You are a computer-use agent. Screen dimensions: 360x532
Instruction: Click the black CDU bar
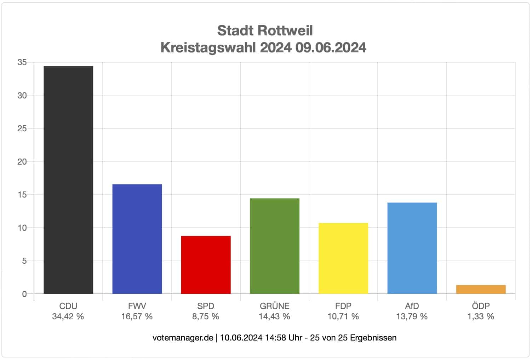coord(68,180)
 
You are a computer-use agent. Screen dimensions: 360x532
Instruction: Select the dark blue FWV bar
coord(137,239)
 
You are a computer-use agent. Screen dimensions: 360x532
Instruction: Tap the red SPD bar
coord(206,265)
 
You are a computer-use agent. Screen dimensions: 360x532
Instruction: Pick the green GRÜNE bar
coord(274,246)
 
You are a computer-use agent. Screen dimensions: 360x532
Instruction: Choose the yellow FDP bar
coord(343,258)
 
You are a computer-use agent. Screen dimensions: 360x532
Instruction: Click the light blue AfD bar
coord(412,248)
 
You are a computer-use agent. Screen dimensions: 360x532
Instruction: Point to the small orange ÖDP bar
coord(481,289)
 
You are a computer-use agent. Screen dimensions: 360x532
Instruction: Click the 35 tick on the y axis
coord(22,63)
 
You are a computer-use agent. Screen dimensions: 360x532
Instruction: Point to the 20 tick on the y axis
coord(22,162)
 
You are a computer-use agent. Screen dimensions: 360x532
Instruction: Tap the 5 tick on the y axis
coord(24,261)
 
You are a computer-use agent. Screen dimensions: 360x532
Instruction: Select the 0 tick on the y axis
coord(24,294)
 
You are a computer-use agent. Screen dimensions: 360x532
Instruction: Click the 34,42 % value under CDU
coord(68,316)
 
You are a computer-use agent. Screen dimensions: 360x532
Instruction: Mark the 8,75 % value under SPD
coord(206,316)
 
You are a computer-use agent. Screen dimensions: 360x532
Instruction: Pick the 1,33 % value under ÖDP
coord(481,316)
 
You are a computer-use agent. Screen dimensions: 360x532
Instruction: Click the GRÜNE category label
coord(274,306)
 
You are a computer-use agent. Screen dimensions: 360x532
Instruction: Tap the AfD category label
coord(412,306)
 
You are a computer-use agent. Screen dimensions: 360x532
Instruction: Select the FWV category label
coord(137,306)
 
